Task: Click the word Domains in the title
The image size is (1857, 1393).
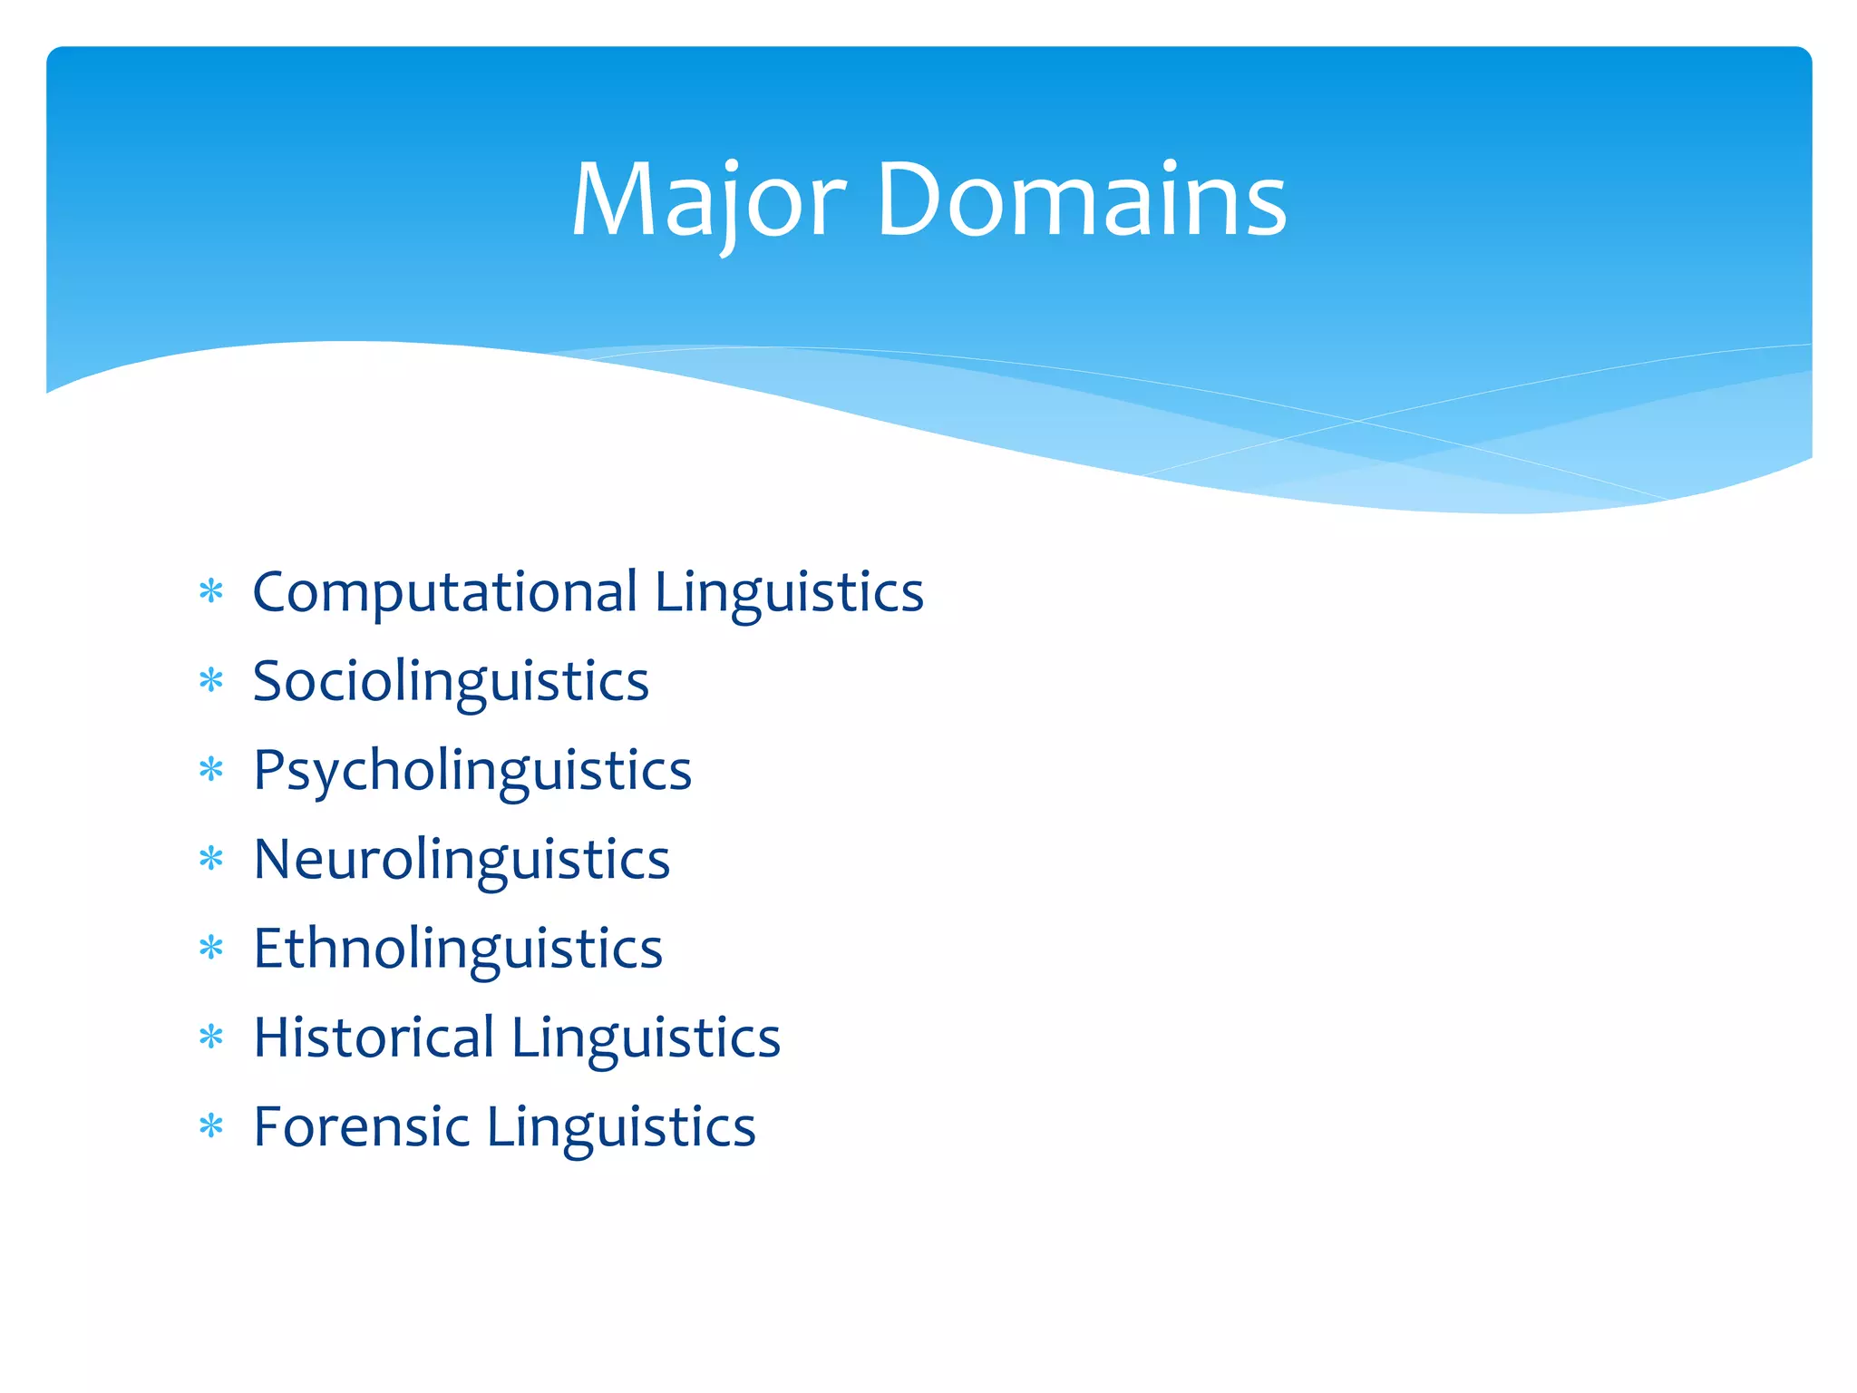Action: (1081, 201)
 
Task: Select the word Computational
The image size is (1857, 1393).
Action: (445, 593)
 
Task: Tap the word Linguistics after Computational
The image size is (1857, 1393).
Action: (789, 593)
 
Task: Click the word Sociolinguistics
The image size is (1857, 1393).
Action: (451, 682)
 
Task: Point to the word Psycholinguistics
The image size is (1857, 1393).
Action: (472, 772)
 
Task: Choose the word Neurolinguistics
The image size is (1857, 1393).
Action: (462, 860)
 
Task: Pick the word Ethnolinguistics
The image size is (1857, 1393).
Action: (458, 950)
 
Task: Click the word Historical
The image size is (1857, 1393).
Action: (374, 1037)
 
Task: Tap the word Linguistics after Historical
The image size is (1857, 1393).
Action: (646, 1037)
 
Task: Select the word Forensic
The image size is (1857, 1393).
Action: (361, 1127)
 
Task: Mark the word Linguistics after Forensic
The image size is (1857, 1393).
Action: (621, 1127)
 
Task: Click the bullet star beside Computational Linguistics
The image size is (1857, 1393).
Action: (211, 592)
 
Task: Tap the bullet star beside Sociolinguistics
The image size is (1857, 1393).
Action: (211, 680)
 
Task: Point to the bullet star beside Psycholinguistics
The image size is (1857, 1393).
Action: (211, 770)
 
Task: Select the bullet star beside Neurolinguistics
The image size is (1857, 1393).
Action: (211, 858)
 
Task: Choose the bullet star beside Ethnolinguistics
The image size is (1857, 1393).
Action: (211, 948)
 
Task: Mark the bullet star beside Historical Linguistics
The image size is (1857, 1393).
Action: (211, 1037)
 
